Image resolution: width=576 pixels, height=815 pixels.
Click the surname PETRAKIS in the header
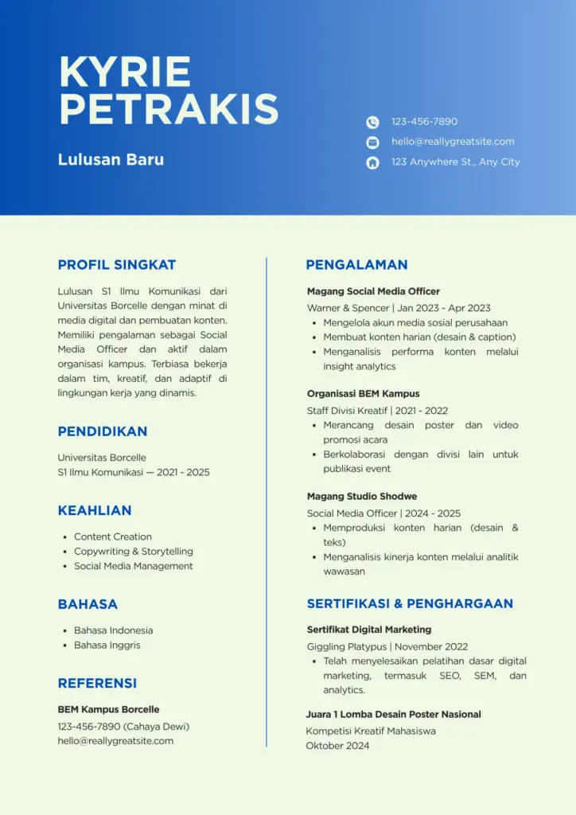[x=169, y=108]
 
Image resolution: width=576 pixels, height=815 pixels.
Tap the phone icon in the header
[x=372, y=122]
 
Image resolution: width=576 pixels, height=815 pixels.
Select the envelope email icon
[x=372, y=142]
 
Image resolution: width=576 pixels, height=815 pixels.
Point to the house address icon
[x=372, y=162]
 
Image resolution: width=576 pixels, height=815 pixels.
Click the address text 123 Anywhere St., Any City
[x=455, y=162]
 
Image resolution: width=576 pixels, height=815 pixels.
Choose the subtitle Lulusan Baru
[x=111, y=159]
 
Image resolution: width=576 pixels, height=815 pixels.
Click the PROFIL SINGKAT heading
[x=117, y=265]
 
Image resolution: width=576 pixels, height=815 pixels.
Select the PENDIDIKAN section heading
[x=103, y=431]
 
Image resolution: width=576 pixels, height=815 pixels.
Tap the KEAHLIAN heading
[x=95, y=510]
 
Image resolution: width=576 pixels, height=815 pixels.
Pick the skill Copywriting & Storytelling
[x=134, y=551]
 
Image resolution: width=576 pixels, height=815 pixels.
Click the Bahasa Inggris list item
[x=107, y=645]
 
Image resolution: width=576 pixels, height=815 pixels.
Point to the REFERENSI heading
[x=97, y=683]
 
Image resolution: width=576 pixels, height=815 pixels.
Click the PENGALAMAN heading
[x=356, y=265]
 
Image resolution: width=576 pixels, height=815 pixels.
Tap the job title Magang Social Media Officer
[x=373, y=291]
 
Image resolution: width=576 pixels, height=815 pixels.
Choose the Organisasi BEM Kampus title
[x=363, y=393]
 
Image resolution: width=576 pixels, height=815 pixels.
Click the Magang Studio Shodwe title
[x=362, y=496]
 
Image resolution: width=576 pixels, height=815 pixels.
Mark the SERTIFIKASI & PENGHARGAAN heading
[x=410, y=603]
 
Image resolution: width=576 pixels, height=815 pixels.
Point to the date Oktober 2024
[x=337, y=746]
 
